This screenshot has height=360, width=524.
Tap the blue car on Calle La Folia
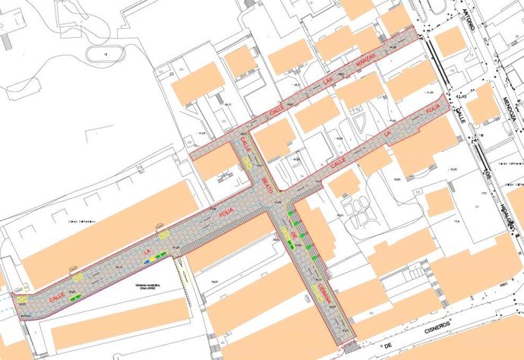click(x=158, y=258)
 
